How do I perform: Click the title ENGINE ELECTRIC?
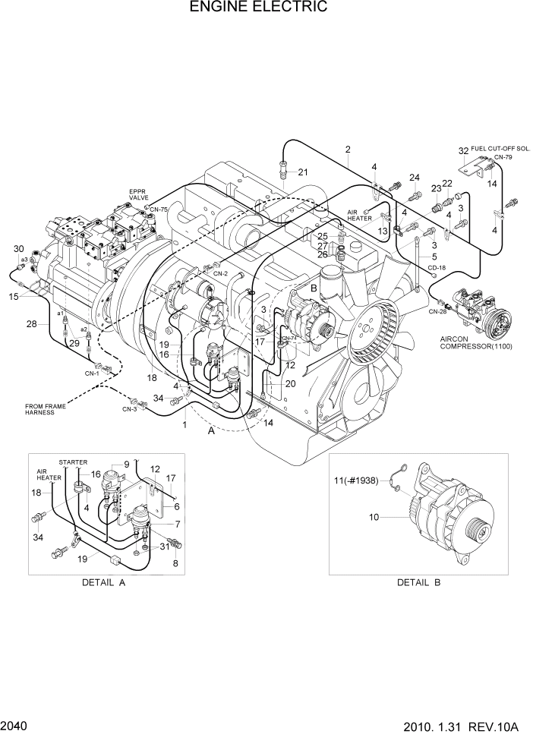tap(259, 8)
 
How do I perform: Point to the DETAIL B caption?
tap(418, 583)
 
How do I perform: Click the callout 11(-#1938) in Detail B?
tap(358, 481)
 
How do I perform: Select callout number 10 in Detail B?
tap(374, 518)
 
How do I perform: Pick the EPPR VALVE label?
tap(138, 194)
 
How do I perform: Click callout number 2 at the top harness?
tap(348, 150)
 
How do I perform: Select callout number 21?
tap(303, 172)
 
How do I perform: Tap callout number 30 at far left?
tap(19, 249)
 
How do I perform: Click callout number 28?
tap(31, 324)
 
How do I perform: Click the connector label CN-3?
tap(128, 409)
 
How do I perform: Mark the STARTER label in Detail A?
tap(73, 462)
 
